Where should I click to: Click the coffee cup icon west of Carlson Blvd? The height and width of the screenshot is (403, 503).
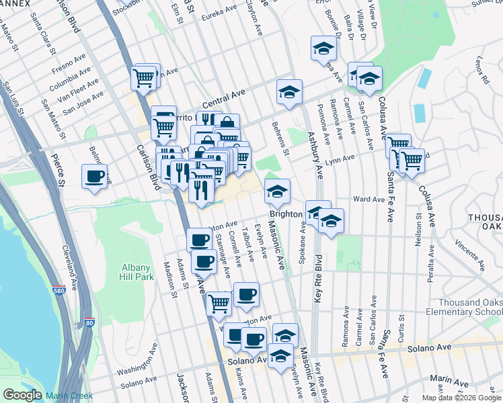pyautogui.click(x=94, y=178)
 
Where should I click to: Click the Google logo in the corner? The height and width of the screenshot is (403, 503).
pyautogui.click(x=22, y=395)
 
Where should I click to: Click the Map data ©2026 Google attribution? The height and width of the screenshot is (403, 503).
pyautogui.click(x=461, y=398)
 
